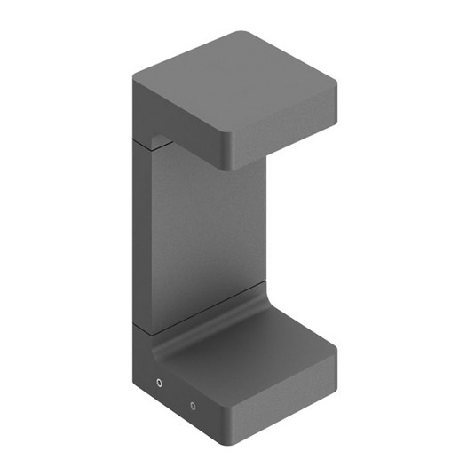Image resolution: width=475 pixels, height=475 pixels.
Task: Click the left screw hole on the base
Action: (159, 384)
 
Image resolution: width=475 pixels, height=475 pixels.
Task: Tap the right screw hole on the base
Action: (193, 406)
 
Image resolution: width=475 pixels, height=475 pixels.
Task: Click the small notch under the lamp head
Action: (161, 140)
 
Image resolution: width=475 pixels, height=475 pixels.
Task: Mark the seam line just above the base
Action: (143, 327)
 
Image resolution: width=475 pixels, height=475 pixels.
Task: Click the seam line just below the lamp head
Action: (142, 139)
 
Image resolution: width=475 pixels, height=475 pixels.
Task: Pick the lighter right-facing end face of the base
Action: (284, 395)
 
